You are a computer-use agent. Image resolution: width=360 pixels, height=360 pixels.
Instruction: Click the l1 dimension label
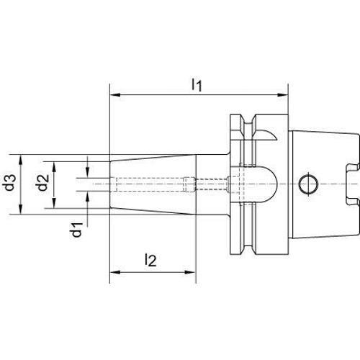(x=197, y=85)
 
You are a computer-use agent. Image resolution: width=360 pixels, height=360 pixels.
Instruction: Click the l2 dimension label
(x=150, y=260)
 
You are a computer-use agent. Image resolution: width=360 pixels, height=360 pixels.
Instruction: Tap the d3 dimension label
(x=10, y=183)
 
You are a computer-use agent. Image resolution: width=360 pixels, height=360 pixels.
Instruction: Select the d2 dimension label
(x=42, y=183)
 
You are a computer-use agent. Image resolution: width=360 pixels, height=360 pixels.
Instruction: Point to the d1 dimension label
(x=77, y=230)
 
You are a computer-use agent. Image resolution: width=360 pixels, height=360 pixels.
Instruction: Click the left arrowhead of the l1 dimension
(x=114, y=95)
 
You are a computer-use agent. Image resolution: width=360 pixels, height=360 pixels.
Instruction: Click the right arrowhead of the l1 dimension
(x=283, y=95)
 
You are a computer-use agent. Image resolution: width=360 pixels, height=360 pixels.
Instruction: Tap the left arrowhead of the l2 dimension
(x=114, y=272)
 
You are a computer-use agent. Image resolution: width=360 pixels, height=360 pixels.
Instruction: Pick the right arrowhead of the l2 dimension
(x=191, y=272)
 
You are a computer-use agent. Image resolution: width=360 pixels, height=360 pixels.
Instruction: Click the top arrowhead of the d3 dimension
(x=21, y=160)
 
